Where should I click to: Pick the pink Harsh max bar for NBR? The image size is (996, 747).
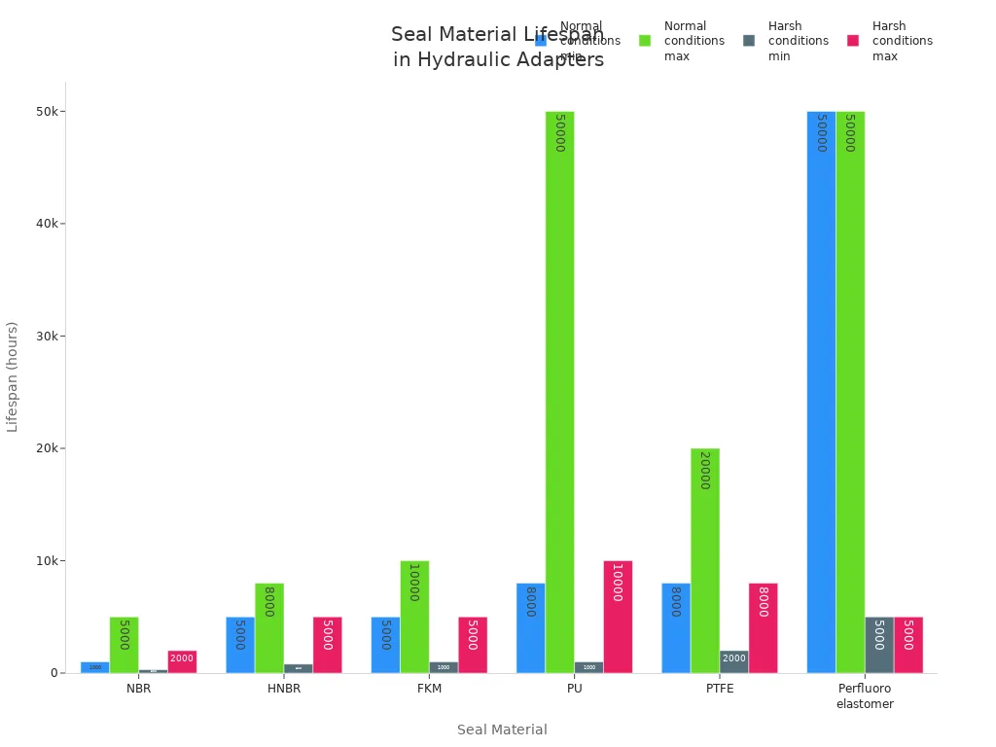click(182, 661)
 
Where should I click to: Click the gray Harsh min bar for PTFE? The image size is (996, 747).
click(734, 661)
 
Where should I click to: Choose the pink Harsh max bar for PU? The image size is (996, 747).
click(618, 617)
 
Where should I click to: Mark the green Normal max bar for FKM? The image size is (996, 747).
click(414, 617)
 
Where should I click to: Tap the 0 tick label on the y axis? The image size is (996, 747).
click(54, 673)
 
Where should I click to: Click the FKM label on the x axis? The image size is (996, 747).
click(429, 689)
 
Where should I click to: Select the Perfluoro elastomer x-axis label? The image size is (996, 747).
click(865, 696)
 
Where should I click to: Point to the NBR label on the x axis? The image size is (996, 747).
click(138, 689)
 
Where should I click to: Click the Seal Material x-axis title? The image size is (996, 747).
click(502, 729)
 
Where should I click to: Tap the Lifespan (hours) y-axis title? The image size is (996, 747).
click(13, 376)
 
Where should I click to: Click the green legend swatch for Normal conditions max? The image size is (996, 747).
click(645, 41)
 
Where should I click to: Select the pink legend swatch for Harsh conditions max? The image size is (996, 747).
click(853, 41)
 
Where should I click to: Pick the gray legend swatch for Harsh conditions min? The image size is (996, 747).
click(749, 41)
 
